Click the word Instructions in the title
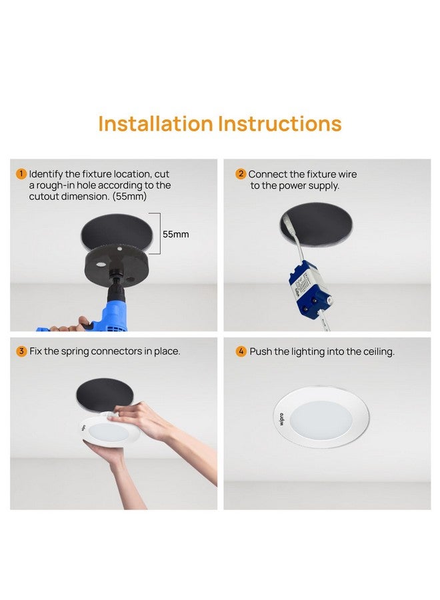point(280,124)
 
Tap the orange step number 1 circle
point(21,174)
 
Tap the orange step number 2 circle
point(241,174)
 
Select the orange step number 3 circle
point(21,351)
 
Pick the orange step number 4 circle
point(241,351)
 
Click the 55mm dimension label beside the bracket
point(176,235)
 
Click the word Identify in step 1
point(47,174)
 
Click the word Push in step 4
point(261,351)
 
